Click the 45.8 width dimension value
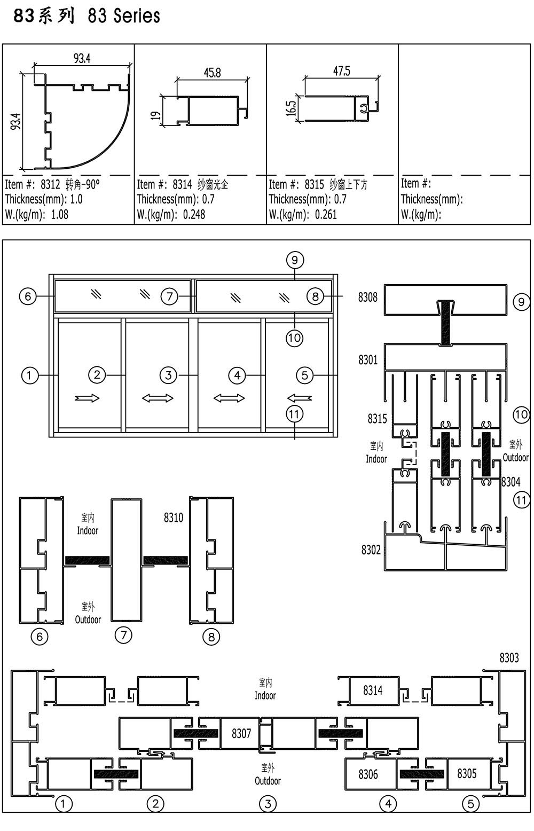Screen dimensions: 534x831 pos(212,72)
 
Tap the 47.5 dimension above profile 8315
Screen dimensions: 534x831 pos(342,71)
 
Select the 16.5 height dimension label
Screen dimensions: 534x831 pos(291,108)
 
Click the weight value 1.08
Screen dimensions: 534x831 pos(59,215)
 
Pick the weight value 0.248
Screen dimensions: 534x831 pos(194,215)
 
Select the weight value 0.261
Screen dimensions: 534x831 pos(326,215)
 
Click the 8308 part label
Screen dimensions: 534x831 pos(368,297)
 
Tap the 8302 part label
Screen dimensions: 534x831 pos(371,550)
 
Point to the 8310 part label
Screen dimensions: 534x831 pos(174,518)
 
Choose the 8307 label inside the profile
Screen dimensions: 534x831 pos(241,733)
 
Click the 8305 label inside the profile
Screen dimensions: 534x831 pos(467,773)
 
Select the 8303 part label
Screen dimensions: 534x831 pos(509,658)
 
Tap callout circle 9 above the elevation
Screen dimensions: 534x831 pos(295,260)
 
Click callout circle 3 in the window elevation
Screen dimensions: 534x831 pos(168,375)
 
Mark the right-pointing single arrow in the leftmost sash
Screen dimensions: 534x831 pos(87,398)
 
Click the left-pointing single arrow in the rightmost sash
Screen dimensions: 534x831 pos(300,398)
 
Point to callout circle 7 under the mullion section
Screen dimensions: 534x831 pos(124,635)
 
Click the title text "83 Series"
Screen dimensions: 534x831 pos(124,16)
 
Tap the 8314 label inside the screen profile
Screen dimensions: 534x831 pos(373,691)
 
